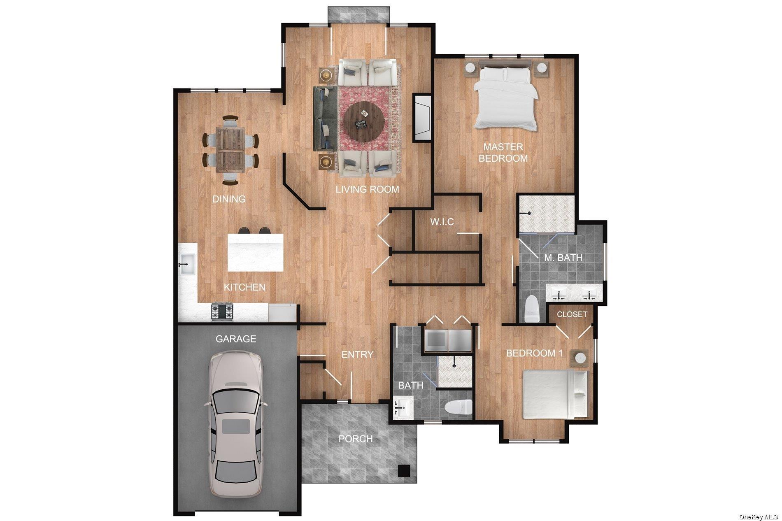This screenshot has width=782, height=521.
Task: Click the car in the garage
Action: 235,424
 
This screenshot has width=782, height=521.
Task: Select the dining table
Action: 230,149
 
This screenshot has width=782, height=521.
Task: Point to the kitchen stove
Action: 222,311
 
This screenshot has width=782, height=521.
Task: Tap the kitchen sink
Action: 188,263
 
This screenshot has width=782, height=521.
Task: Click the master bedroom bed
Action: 506,99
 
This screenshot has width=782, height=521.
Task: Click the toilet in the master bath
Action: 532,309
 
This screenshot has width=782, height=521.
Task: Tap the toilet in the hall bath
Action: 458,407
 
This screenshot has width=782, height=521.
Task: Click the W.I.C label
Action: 442,222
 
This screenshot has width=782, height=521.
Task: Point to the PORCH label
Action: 356,439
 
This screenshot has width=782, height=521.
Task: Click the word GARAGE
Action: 236,339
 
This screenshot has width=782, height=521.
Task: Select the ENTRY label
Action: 357,354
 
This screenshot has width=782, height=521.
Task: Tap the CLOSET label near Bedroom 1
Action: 572,314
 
